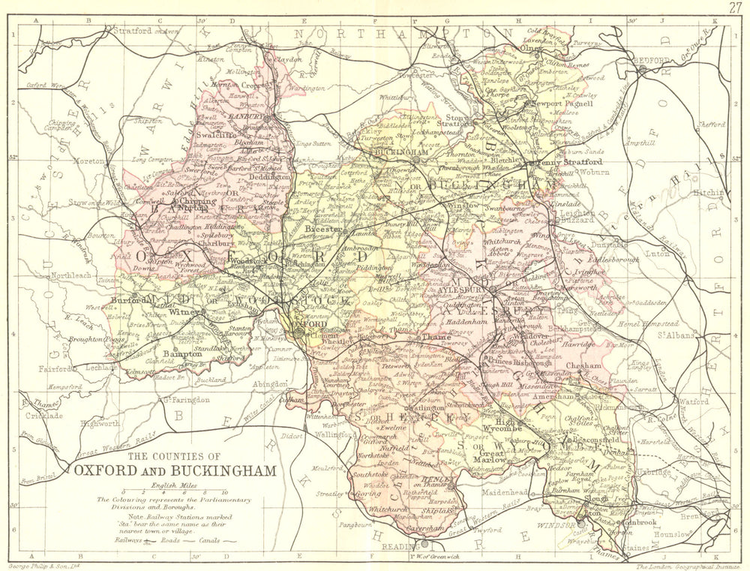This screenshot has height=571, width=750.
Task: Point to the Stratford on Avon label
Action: click(x=142, y=31)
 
